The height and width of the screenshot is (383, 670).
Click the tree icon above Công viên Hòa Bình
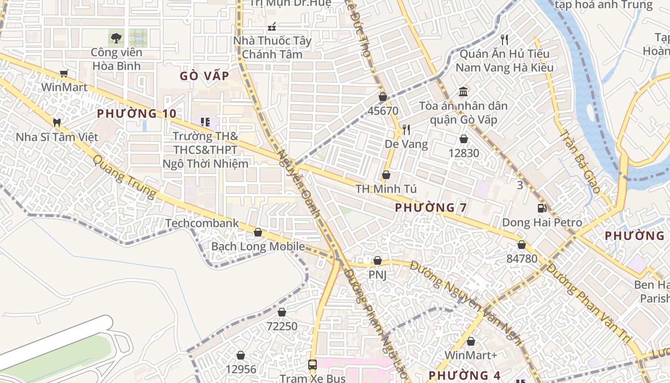(116, 37)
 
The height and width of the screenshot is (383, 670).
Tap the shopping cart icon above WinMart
(64, 73)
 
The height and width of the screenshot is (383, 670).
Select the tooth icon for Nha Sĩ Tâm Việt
(56, 123)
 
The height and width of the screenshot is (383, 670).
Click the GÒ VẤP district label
(204, 76)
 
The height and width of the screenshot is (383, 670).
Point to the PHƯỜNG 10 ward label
(136, 113)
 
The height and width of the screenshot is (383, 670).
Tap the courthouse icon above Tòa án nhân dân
(463, 91)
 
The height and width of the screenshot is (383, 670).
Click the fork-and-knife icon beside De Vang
(406, 129)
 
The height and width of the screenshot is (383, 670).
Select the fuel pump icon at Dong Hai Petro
(542, 208)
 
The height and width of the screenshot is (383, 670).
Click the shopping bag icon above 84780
(522, 245)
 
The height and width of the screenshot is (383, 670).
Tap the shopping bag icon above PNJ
(378, 261)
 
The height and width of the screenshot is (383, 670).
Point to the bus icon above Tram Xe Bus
(313, 364)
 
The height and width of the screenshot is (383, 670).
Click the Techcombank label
(202, 223)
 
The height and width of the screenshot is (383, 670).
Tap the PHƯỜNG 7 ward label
(431, 208)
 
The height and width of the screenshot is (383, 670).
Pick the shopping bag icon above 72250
(282, 312)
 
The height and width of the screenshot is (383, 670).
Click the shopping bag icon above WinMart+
(471, 341)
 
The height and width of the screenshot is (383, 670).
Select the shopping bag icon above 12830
(463, 139)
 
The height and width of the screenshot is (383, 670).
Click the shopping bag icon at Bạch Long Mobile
(258, 233)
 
